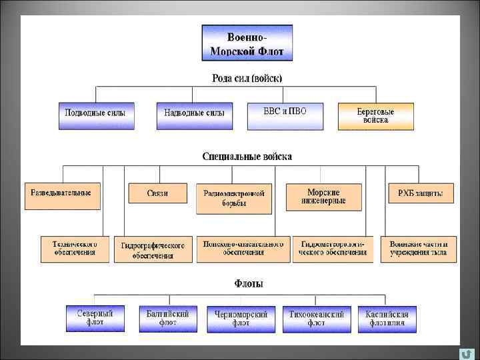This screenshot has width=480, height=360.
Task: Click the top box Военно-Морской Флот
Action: pos(247,43)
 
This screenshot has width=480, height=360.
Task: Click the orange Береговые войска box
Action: pos(375,115)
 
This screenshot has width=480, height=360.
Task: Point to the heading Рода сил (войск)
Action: pos(247,78)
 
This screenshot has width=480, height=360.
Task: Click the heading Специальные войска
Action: pos(247,156)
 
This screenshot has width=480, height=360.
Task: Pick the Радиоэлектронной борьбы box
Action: pos(234,198)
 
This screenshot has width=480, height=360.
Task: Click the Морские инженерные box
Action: pos(323,196)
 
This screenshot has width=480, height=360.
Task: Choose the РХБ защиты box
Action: pos(420,193)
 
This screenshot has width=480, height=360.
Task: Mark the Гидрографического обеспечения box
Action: pos(153,249)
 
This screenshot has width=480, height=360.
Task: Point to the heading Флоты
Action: pos(248,283)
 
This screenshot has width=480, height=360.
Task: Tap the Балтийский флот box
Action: pos(167,318)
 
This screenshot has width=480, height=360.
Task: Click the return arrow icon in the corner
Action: pos(467,353)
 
